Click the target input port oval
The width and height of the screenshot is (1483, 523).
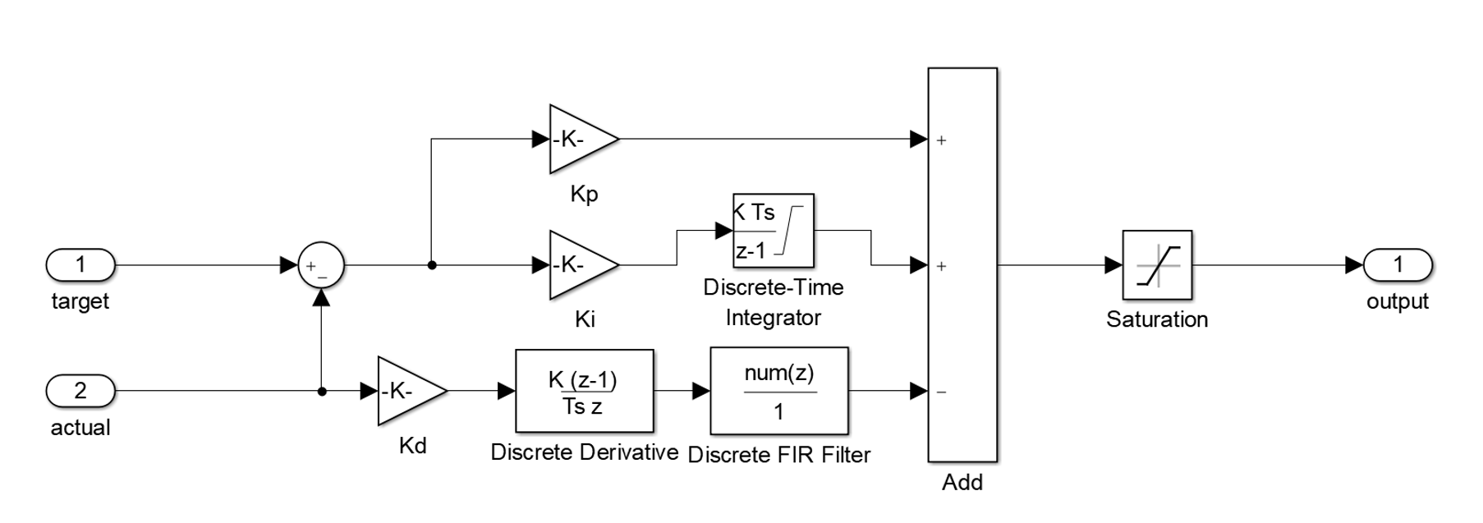click(80, 265)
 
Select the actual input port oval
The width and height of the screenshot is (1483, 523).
click(80, 391)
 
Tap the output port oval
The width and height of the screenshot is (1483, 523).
click(1398, 265)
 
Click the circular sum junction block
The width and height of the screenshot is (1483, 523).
click(320, 266)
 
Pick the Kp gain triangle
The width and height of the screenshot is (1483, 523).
click(578, 140)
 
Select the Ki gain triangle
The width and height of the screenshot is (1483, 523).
click(578, 265)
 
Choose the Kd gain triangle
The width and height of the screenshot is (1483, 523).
click(406, 392)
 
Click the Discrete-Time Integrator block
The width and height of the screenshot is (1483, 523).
click(773, 232)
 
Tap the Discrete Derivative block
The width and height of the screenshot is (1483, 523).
click(584, 392)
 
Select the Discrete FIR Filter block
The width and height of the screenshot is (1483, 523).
click(778, 392)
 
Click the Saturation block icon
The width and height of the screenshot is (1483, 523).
click(1157, 265)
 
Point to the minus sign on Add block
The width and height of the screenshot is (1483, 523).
click(942, 392)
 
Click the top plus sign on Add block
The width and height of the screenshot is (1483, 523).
click(942, 140)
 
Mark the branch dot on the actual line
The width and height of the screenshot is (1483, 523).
click(322, 392)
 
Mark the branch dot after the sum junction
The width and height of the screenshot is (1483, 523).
click(432, 265)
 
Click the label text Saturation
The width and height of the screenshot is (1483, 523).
click(1156, 319)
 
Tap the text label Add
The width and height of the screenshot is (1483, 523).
click(962, 483)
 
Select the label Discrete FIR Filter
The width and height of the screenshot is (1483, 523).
click(778, 455)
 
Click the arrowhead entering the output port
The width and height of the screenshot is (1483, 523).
click(1354, 265)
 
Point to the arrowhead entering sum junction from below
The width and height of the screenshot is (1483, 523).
click(321, 297)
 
